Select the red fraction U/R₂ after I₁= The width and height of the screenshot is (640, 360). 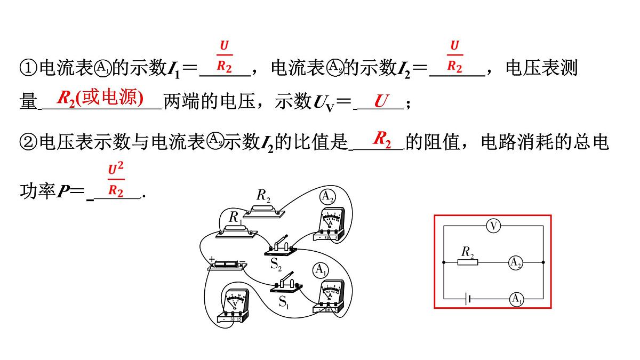pos(224,56)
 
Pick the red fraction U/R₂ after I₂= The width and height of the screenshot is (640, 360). pos(454,56)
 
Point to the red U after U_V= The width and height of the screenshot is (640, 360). pos(380,100)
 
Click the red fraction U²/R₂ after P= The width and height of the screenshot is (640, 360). pos(116,180)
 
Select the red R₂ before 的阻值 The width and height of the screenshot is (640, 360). pos(382,139)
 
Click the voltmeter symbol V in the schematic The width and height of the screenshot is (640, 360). pos(493,226)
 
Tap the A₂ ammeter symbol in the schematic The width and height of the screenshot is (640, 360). pos(515,262)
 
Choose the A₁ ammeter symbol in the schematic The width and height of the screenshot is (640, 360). pos(516,300)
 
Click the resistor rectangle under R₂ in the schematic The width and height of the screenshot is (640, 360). pos(468,262)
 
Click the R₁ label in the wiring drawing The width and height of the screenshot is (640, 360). pos(235,218)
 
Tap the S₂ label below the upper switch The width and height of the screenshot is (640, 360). pos(276,264)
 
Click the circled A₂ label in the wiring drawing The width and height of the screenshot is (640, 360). pos(327,197)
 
